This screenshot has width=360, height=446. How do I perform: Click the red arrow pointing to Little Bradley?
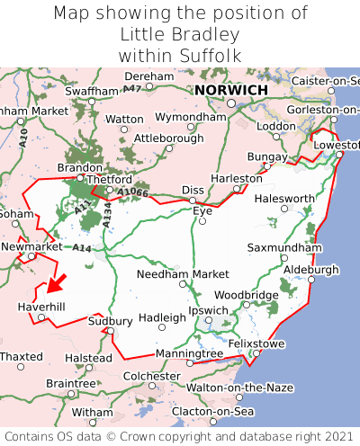56,285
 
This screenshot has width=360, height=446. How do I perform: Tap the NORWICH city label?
231,91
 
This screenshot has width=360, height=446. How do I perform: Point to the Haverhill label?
41,308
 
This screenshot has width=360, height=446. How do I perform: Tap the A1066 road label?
131,192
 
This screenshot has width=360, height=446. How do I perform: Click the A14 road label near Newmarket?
82,248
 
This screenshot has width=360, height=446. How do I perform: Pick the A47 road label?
132,89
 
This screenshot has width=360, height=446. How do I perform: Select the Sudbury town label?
111,321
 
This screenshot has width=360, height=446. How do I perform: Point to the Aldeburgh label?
311,270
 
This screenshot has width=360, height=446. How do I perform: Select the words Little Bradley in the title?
179,34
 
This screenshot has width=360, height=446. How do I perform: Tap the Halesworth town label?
284,199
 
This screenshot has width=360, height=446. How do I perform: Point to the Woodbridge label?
246,295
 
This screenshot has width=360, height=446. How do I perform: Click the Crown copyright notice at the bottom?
180,435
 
